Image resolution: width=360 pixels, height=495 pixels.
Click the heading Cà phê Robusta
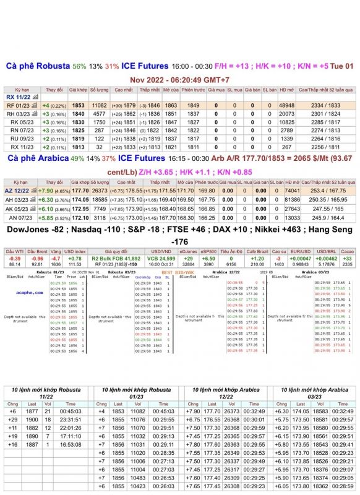pyautogui.click(x=37, y=66)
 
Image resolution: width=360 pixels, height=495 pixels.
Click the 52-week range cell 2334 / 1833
pyautogui.click(x=325, y=106)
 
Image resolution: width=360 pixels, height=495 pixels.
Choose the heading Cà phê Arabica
pyautogui.click(x=36, y=159)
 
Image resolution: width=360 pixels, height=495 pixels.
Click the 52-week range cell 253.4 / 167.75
pyautogui.click(x=325, y=192)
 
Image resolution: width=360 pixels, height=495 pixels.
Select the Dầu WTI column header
pyautogui.click(x=15, y=251)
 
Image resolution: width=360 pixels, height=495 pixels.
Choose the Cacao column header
pyautogui.click(x=347, y=251)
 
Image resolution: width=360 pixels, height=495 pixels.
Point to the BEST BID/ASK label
pyautogui.click(x=175, y=272)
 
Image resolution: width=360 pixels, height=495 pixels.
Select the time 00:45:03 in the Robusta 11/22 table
pyautogui.click(x=71, y=411)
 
